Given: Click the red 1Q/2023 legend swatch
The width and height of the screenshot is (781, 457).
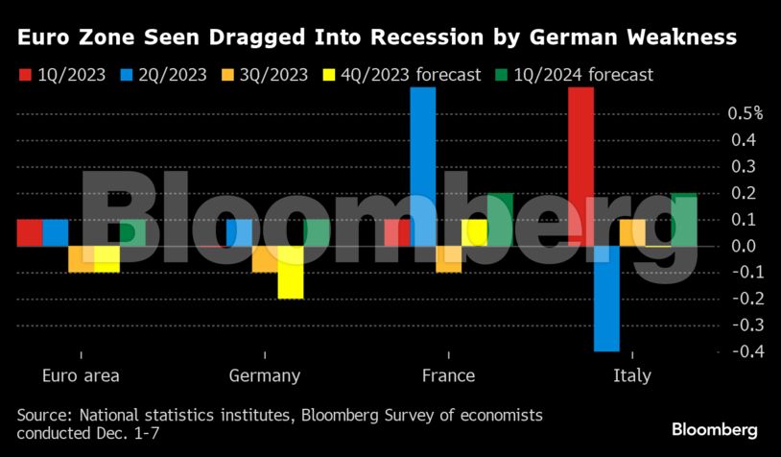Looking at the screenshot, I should point(24,75).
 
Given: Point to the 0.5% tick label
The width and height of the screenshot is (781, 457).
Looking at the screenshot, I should point(745,113).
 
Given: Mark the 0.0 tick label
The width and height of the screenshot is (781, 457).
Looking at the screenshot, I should point(745,246).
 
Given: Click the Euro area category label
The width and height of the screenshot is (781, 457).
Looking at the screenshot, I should point(82,375).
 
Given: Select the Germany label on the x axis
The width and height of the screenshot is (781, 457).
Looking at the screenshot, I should point(265,375).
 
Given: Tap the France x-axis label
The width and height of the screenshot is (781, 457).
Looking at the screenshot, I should point(448,375).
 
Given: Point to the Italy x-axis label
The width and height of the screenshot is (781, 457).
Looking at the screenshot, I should point(631,375).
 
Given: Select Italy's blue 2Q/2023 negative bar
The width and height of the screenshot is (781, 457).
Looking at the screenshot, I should point(606,299).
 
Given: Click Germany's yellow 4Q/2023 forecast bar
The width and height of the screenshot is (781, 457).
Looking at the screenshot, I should point(291,272).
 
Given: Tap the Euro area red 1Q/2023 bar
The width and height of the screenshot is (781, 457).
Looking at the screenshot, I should point(30,232).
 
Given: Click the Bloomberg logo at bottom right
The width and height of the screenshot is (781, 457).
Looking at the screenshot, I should point(714,429).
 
